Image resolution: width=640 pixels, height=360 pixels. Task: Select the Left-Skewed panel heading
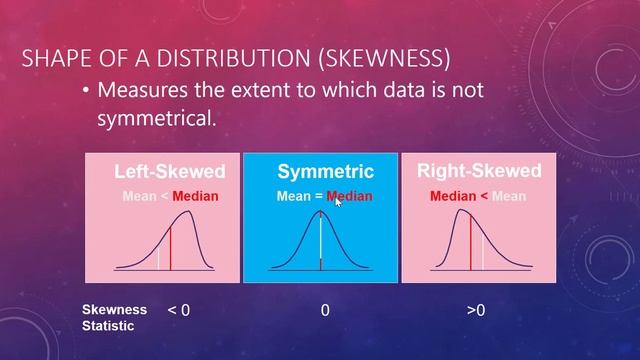(x=169, y=171)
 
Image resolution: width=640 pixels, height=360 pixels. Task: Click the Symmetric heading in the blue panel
(x=325, y=172)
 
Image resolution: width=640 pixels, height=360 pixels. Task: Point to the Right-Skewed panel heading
(x=478, y=171)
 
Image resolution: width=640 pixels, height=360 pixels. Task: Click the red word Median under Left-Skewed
(x=195, y=196)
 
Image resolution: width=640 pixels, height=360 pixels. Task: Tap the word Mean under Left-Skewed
(x=139, y=196)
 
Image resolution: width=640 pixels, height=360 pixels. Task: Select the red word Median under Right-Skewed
(x=453, y=196)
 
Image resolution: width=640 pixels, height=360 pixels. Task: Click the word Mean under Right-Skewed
(x=509, y=196)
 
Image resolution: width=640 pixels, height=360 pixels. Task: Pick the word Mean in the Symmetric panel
(x=294, y=196)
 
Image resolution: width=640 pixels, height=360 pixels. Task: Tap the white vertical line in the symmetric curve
(x=320, y=240)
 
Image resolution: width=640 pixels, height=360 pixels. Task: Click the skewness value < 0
(x=179, y=311)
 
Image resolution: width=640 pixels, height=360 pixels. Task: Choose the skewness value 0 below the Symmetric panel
(x=325, y=311)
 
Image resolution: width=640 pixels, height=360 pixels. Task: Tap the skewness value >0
(x=475, y=311)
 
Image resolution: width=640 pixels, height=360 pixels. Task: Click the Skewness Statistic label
(x=114, y=318)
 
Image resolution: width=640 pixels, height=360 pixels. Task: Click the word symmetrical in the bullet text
(x=155, y=118)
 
